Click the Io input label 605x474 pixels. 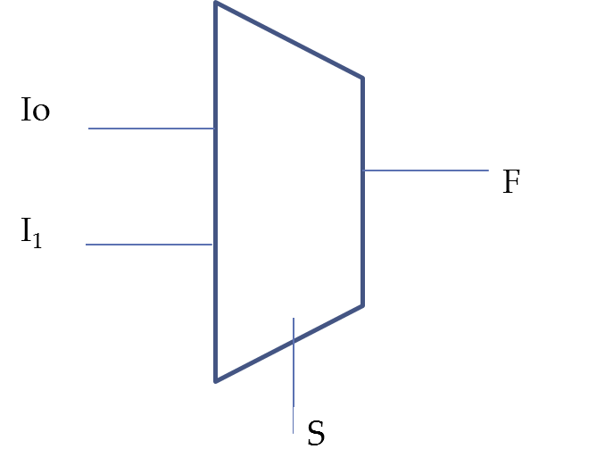click(35, 110)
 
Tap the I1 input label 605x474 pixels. click(31, 232)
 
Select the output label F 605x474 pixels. click(511, 181)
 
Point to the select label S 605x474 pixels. click(317, 433)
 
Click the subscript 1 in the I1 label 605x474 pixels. click(37, 240)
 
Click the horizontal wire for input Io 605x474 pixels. click(151, 129)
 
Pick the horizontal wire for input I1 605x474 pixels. click(149, 245)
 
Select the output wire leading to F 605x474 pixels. click(427, 170)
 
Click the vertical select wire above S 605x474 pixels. click(294, 376)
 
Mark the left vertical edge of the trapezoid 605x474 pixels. click(215, 192)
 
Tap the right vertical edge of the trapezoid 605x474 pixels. click(362, 192)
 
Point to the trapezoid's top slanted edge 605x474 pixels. click(289, 40)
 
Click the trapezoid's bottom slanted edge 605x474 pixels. click(289, 344)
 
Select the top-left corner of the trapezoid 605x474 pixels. click(215, 3)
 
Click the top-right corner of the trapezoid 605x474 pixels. click(362, 79)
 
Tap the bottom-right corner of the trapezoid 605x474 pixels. click(362, 305)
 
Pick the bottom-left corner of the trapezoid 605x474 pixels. click(215, 381)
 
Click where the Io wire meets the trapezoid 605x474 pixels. click(214, 129)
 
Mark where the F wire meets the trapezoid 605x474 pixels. click(363, 170)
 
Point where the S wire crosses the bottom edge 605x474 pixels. click(294, 340)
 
